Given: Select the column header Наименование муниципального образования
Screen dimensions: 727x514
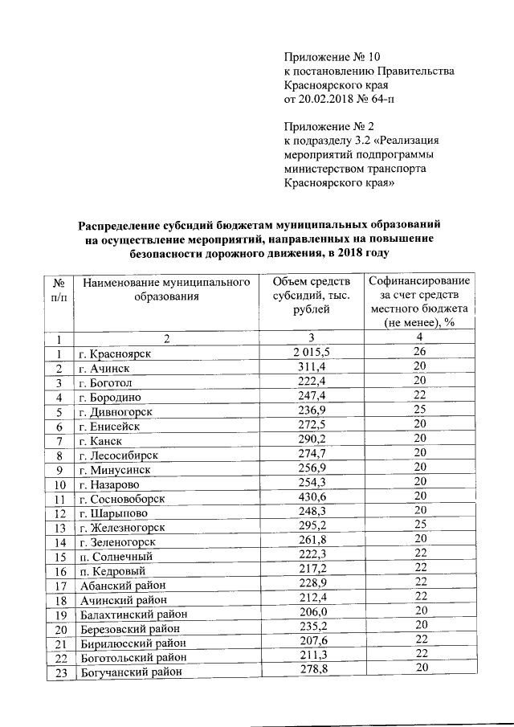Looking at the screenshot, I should [166, 289].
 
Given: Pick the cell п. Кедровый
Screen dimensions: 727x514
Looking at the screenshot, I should [112, 571].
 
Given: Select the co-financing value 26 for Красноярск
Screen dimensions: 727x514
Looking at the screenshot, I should [418, 352].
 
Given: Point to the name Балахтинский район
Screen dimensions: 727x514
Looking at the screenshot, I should [128, 615].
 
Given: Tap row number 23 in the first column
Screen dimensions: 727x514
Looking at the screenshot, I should [59, 672].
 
